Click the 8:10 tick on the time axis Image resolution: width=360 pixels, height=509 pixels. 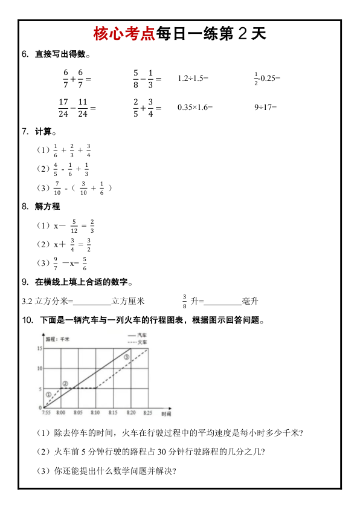point(95,413)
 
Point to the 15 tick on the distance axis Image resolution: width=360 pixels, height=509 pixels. point(39,348)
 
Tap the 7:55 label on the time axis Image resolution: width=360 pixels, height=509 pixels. point(47,413)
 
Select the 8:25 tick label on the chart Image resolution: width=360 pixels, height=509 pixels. point(147,413)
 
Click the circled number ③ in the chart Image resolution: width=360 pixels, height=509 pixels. point(126,357)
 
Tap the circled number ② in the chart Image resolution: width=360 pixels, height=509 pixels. point(65,383)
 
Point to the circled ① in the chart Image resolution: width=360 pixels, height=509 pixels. point(49,395)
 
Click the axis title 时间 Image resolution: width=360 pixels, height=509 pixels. point(166,414)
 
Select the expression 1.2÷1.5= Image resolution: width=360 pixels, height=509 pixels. point(193,79)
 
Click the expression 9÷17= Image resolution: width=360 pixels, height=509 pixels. point(265,108)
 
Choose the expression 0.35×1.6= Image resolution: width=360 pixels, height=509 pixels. point(195,108)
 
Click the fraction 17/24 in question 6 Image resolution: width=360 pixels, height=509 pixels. point(63,108)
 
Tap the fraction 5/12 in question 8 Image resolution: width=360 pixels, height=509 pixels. point(74,226)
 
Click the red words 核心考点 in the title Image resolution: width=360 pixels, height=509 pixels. point(124,34)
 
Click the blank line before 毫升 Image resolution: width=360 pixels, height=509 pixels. point(223,301)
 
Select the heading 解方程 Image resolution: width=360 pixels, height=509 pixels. point(48,206)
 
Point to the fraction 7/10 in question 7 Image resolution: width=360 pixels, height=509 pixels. point(57,188)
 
